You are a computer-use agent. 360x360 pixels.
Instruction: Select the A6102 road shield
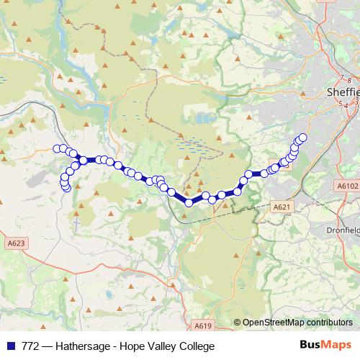tap(346, 186)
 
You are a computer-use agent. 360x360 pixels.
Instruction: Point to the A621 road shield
tap(282, 207)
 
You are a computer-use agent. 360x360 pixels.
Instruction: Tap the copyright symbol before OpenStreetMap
tap(237, 323)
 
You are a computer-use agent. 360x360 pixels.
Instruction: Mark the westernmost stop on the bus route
tap(58, 148)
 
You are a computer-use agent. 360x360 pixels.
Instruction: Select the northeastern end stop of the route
tap(302, 137)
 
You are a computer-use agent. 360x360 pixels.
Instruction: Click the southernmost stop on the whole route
tap(189, 203)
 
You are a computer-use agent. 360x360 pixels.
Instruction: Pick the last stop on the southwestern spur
tap(67, 189)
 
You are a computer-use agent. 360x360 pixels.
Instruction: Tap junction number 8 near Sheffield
tap(348, 79)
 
